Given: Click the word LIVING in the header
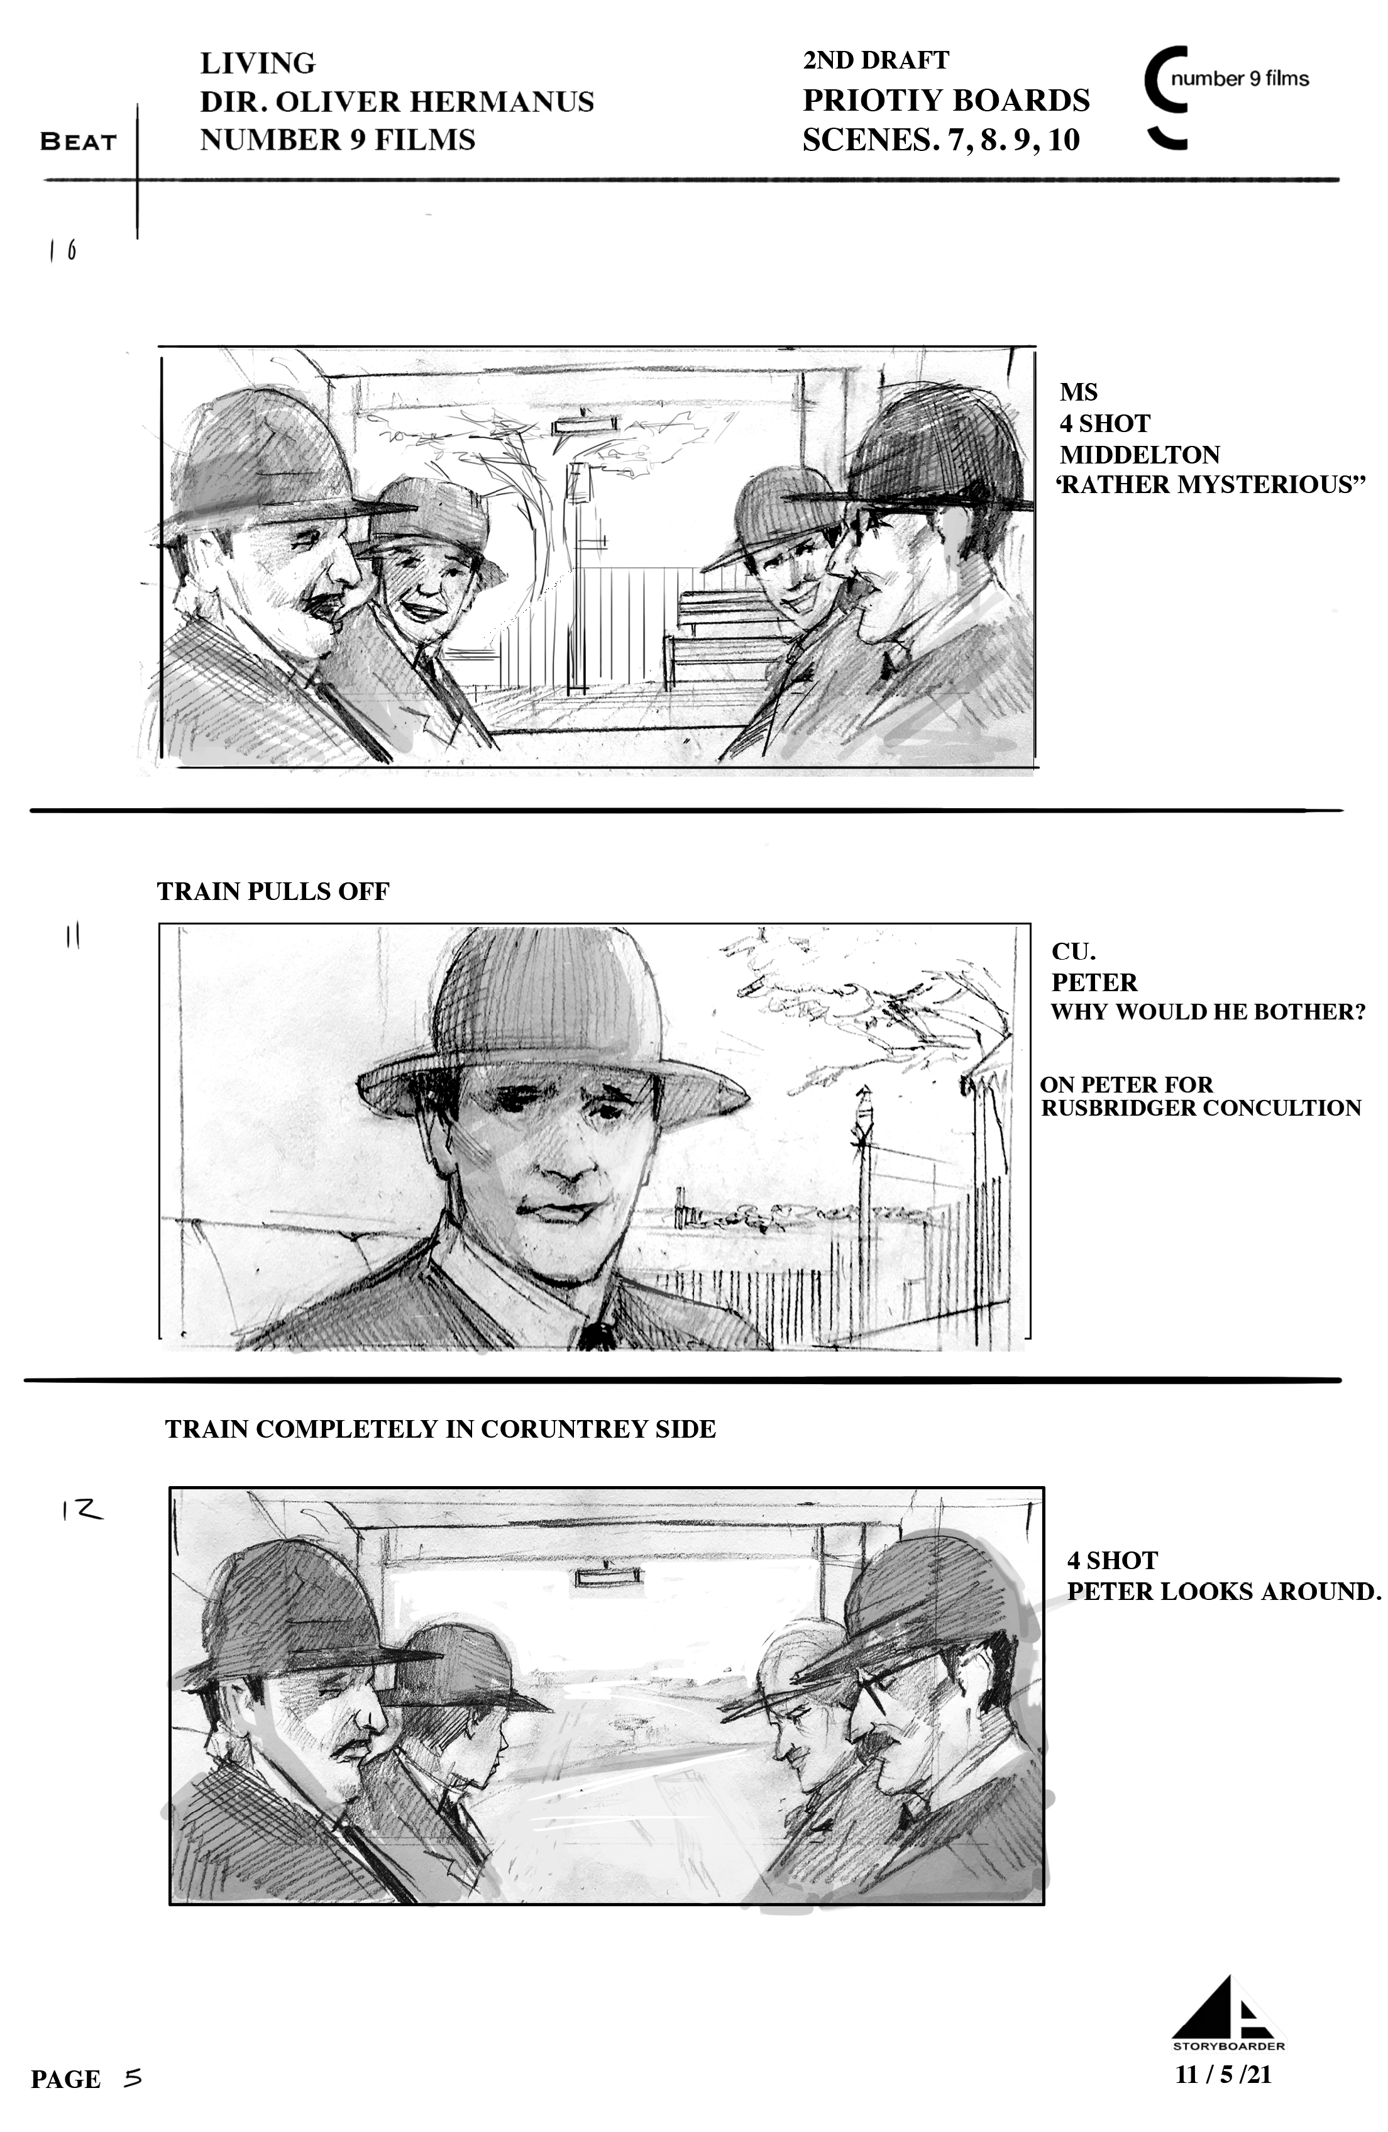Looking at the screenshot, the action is pyautogui.click(x=258, y=64).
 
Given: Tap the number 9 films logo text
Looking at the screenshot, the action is pyautogui.click(x=1240, y=79).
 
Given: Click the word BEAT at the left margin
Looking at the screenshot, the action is pyautogui.click(x=79, y=142).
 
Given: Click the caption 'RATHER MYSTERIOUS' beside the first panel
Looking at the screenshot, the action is pyautogui.click(x=1211, y=485).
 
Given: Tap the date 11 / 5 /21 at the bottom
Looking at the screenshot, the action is pyautogui.click(x=1223, y=2075).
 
